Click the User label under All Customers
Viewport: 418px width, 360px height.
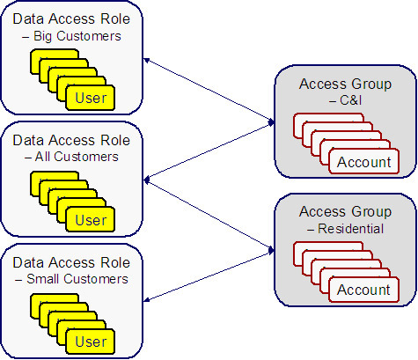point(92,218)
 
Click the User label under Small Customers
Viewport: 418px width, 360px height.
point(92,341)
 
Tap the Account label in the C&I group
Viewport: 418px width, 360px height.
point(363,162)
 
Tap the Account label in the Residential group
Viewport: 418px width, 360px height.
point(363,289)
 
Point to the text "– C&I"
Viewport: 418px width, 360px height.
point(345,101)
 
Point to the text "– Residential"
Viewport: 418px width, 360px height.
point(345,228)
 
